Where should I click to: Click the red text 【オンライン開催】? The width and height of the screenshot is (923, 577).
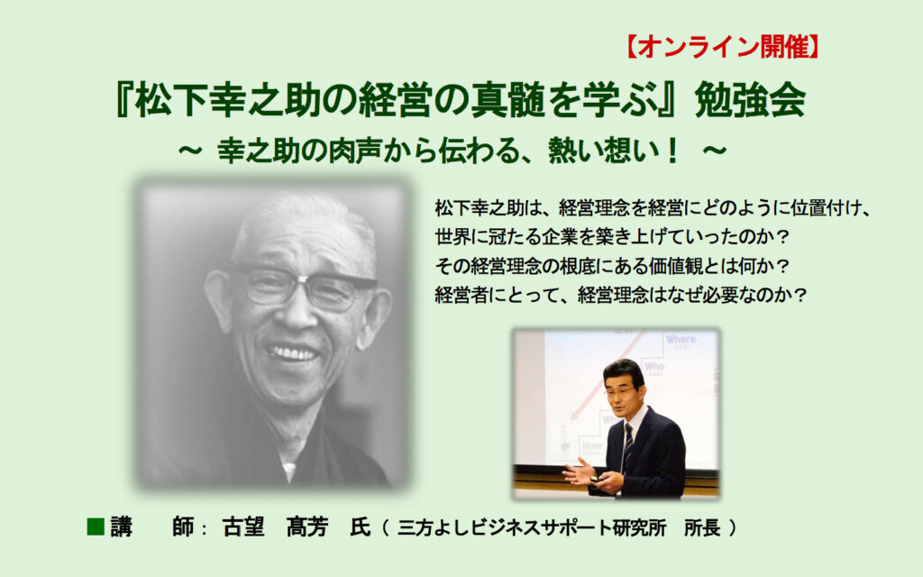tap(722, 47)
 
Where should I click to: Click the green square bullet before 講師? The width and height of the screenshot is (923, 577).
tap(96, 527)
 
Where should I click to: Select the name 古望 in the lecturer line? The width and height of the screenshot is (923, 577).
tap(243, 527)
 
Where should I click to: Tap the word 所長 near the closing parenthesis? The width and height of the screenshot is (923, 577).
tap(701, 527)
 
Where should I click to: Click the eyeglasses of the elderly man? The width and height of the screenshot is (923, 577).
tap(303, 286)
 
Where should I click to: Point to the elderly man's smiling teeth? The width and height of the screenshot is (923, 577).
tap(293, 353)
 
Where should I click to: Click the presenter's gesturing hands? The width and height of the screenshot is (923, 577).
tap(586, 474)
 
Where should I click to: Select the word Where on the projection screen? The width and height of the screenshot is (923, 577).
tap(681, 340)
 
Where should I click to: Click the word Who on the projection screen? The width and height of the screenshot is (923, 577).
tap(654, 366)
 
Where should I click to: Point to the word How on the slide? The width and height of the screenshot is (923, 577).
tap(591, 445)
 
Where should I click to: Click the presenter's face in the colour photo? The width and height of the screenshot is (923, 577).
tap(622, 389)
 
